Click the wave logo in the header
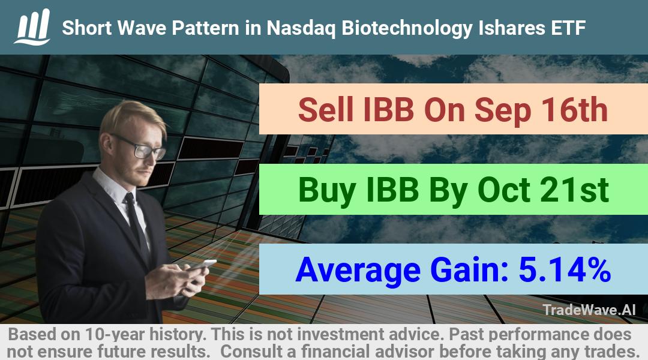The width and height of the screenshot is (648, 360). (32, 27)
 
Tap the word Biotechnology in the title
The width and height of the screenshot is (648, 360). (407, 28)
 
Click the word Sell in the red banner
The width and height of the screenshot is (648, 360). (326, 109)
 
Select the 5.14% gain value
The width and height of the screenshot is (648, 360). (565, 269)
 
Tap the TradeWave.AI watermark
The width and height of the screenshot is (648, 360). (589, 310)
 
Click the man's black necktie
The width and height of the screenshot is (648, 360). (137, 226)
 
